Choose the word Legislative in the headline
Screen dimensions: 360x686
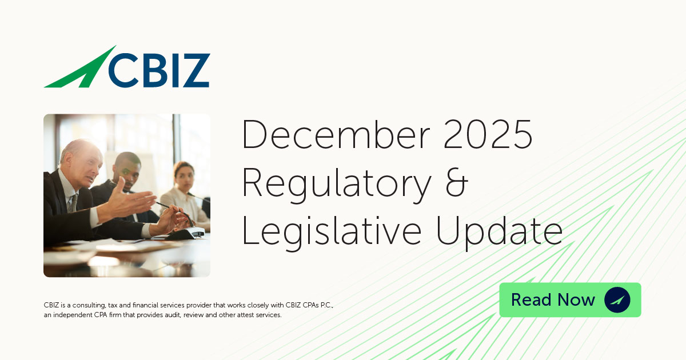pyautogui.click(x=333, y=231)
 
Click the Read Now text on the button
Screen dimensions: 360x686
pyautogui.click(x=553, y=300)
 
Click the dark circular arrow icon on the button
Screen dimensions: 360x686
pyautogui.click(x=617, y=300)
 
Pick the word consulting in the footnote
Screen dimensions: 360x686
pyautogui.click(x=94, y=305)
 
